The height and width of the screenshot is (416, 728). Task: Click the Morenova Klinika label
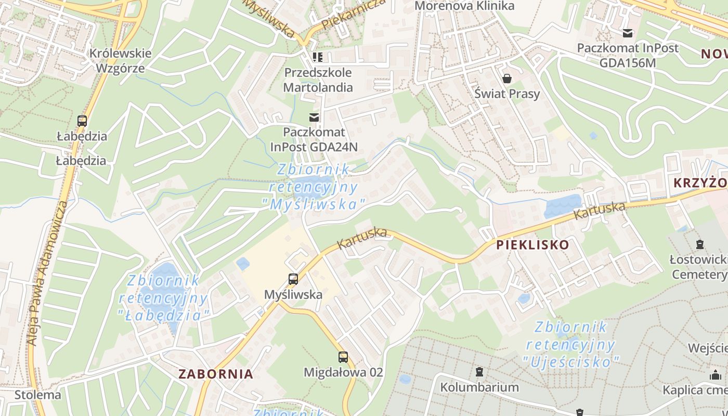coord(464,6)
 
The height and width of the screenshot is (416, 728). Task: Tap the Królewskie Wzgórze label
coord(120,60)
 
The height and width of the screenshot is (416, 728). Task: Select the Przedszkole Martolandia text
coord(318,80)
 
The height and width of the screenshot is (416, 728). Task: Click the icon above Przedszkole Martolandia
coord(317,57)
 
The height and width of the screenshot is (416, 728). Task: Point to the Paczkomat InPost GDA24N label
coord(314,139)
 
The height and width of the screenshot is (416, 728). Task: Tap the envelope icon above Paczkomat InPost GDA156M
coord(628,33)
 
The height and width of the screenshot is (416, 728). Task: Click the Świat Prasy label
coord(507,94)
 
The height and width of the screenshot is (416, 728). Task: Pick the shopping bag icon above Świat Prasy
coord(506,79)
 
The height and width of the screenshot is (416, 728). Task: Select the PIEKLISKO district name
coord(532,245)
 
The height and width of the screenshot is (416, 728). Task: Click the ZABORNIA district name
coord(216,374)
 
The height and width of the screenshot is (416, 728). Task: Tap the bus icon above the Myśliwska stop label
coord(293,279)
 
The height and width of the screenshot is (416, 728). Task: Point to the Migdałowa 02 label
coord(343,372)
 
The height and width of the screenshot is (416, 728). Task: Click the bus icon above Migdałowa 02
coord(343,357)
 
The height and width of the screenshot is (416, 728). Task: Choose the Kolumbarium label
coord(479,387)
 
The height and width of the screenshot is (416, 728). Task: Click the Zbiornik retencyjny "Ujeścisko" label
coord(571,344)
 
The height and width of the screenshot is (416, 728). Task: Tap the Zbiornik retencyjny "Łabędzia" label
coord(164,298)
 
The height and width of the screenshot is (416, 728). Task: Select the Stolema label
coord(37,395)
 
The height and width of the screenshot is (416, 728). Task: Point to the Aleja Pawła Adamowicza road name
coord(47,273)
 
